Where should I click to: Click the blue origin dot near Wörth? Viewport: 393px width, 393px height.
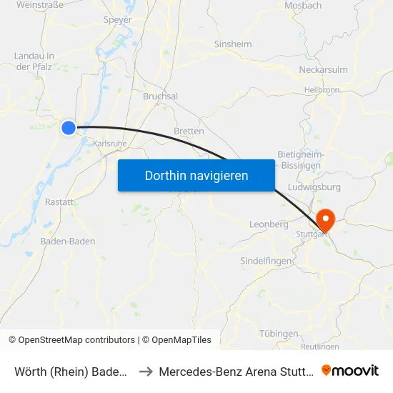click(69, 128)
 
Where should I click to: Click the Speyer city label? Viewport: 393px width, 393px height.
click(117, 21)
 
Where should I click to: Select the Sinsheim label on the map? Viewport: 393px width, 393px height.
click(233, 44)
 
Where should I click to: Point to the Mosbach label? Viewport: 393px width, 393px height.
click(302, 6)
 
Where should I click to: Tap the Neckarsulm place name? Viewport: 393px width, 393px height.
click(323, 70)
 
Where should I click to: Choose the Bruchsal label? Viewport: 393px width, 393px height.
click(160, 96)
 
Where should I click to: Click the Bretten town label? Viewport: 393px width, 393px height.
click(189, 131)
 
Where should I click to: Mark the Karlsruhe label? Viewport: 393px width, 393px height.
click(109, 143)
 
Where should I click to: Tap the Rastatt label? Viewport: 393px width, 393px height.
click(59, 202)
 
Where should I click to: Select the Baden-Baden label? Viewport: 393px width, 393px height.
click(68, 242)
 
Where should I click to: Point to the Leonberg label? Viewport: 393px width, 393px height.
click(269, 224)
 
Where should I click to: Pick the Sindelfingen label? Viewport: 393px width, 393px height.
click(266, 261)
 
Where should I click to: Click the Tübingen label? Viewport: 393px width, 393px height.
click(279, 334)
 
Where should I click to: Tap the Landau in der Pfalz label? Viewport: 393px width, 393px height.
click(35, 61)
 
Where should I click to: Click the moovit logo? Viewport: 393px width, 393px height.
click(350, 370)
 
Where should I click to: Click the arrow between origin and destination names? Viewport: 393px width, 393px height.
click(146, 371)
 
